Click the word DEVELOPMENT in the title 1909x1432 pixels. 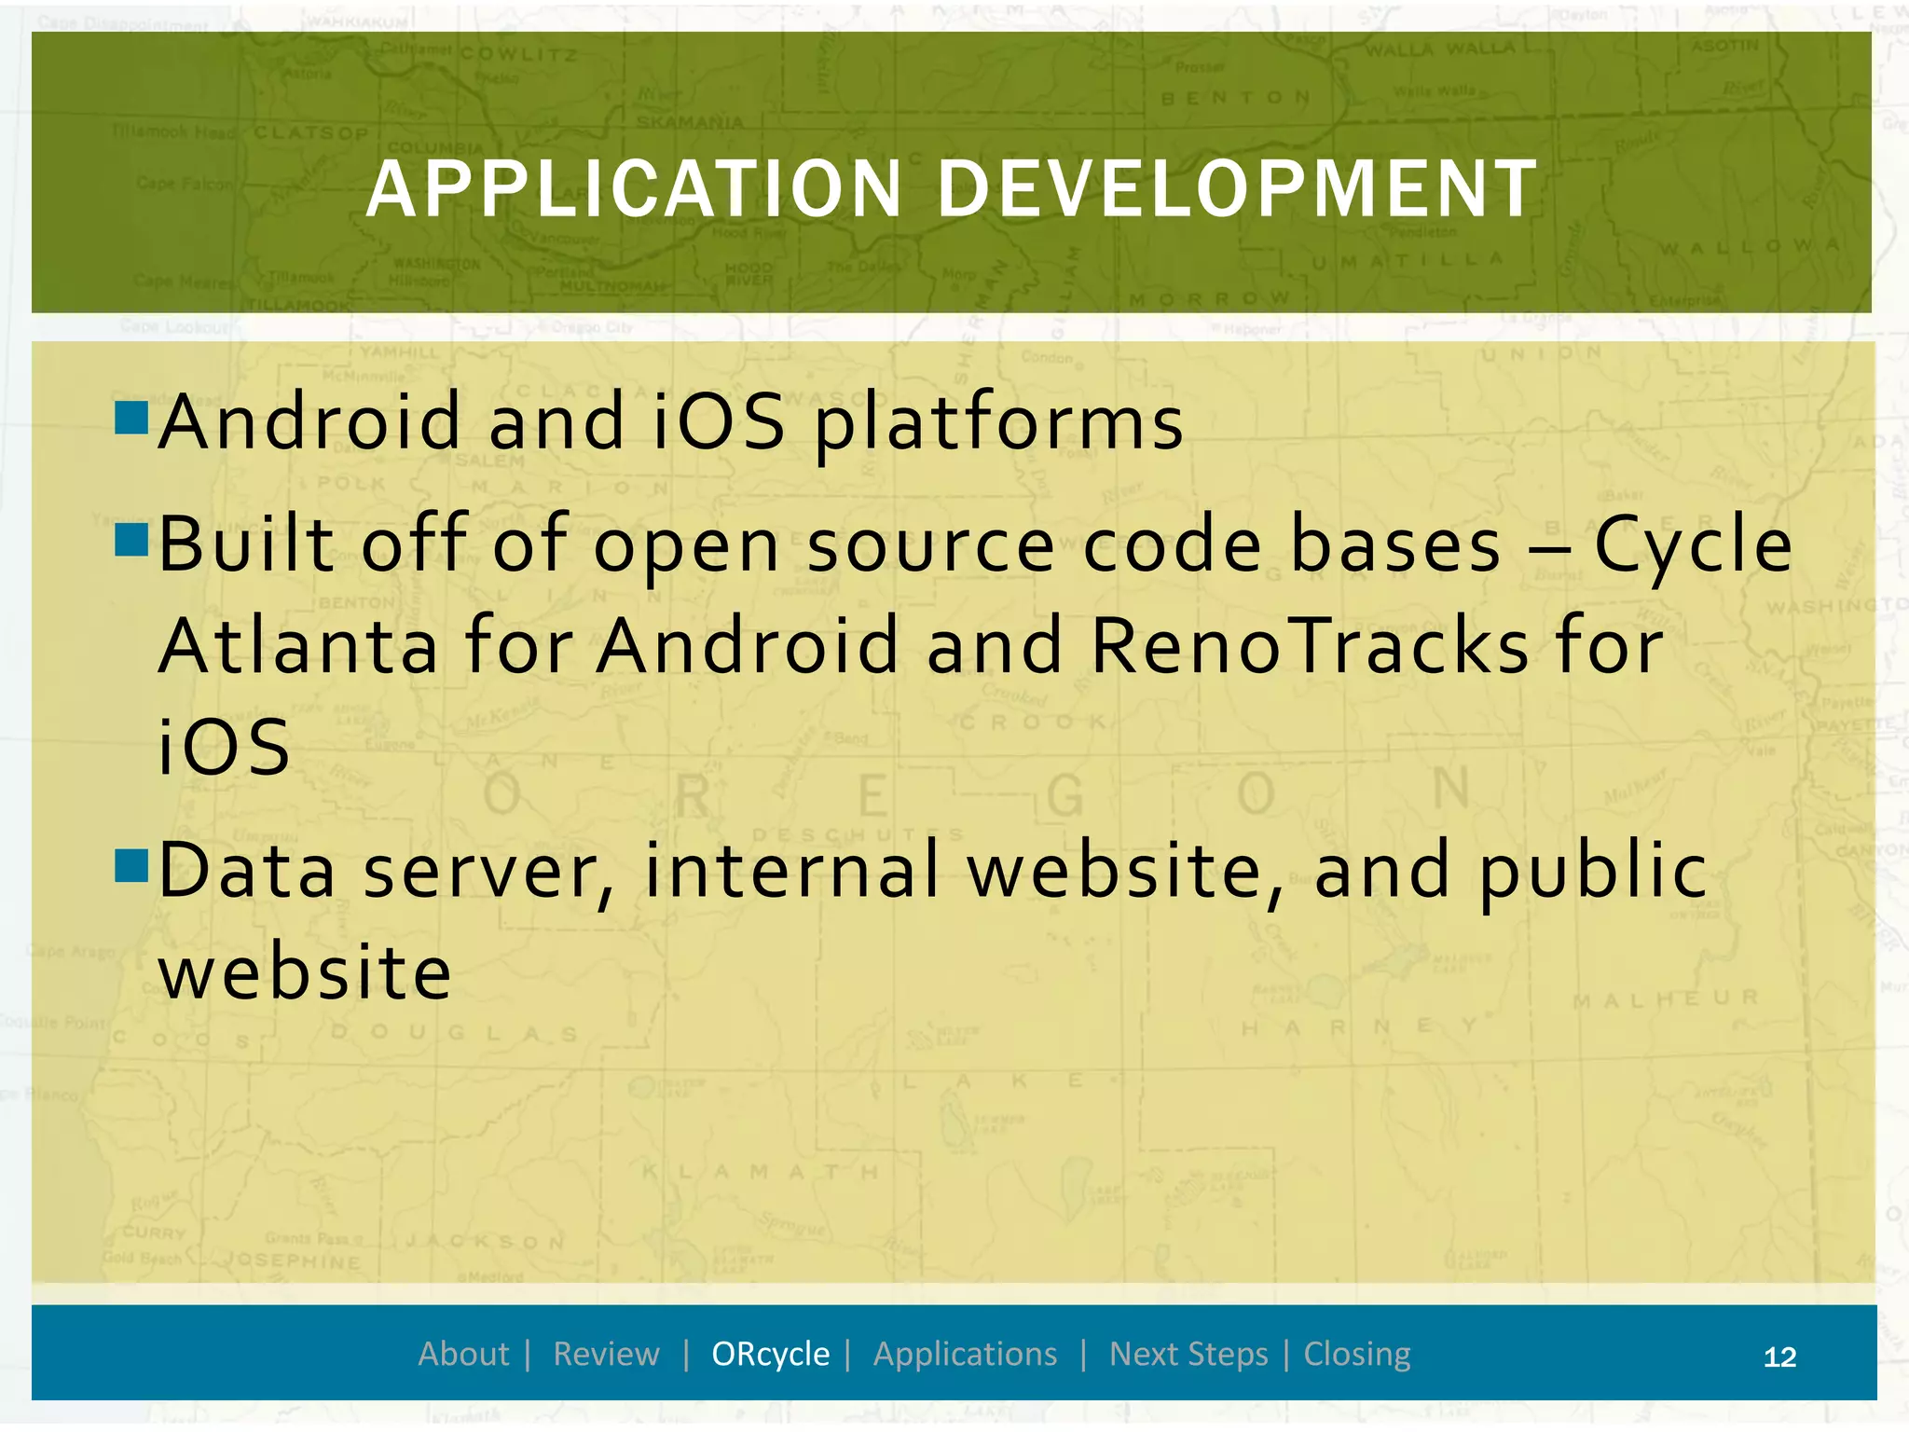(1237, 189)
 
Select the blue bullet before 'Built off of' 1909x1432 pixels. (132, 540)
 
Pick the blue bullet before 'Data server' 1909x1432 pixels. (132, 864)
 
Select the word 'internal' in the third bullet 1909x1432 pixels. (791, 870)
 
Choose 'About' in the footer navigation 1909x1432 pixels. (463, 1354)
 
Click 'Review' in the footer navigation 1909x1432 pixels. (606, 1354)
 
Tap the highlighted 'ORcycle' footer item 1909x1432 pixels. (770, 1354)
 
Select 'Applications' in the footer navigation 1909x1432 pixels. (965, 1354)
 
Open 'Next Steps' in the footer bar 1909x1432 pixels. (1188, 1354)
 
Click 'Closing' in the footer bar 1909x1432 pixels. (1356, 1354)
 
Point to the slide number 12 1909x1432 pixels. (1779, 1356)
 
